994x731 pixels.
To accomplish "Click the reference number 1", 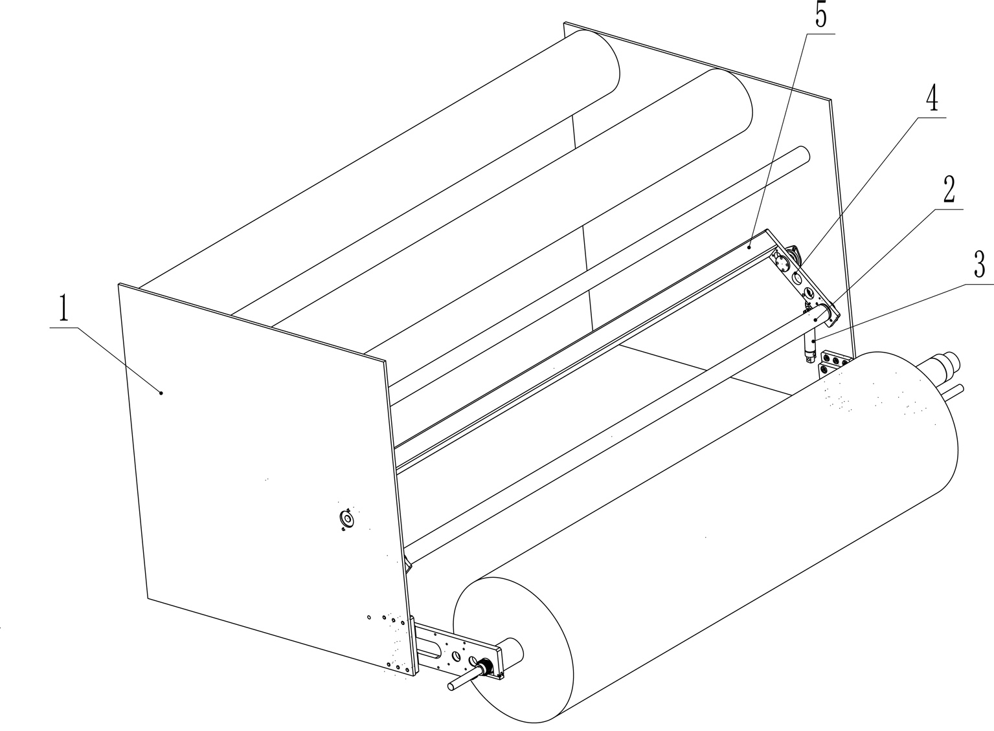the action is click(x=64, y=309).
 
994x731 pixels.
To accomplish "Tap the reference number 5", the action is click(x=820, y=16).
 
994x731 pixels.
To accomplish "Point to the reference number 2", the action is click(x=949, y=190).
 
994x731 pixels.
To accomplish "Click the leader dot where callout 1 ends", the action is click(x=161, y=393).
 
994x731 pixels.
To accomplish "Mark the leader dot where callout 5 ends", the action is click(x=749, y=247).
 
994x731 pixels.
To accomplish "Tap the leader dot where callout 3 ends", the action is click(x=813, y=341).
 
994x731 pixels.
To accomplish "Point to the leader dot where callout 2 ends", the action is click(x=816, y=320).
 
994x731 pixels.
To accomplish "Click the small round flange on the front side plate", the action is click(x=346, y=518).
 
